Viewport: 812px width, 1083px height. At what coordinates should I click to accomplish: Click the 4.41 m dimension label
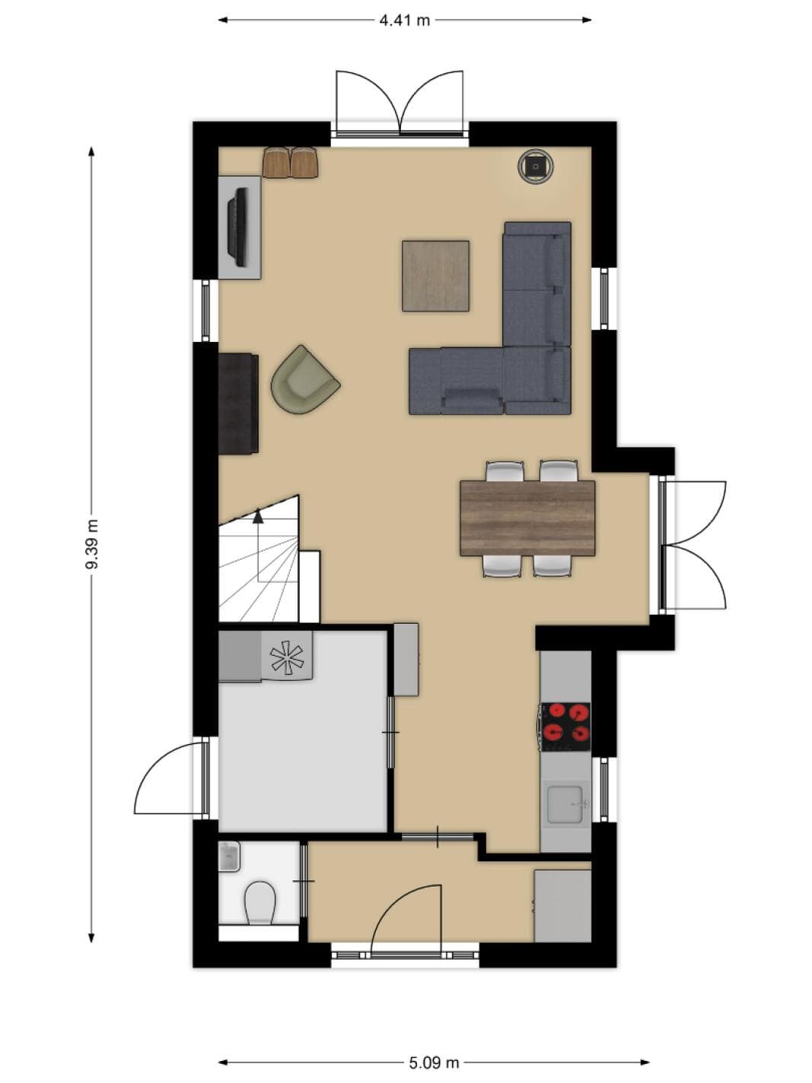(x=404, y=21)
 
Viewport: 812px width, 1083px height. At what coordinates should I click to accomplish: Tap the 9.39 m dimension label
(x=91, y=544)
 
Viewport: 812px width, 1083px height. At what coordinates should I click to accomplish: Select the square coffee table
(x=435, y=276)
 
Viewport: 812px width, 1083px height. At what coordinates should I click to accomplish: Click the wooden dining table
(x=527, y=518)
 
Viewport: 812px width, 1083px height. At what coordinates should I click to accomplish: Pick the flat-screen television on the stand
(x=237, y=227)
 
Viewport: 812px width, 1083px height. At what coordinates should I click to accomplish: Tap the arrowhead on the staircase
(x=257, y=516)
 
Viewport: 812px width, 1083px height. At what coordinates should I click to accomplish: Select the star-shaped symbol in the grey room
(x=286, y=657)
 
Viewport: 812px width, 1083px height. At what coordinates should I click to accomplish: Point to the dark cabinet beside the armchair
(x=238, y=403)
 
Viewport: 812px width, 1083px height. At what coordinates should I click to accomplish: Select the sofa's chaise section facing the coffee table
(x=457, y=380)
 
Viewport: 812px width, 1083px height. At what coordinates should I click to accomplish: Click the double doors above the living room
(x=400, y=103)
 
